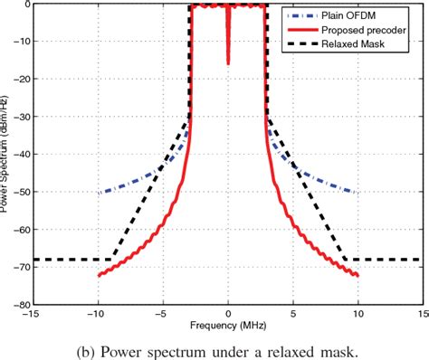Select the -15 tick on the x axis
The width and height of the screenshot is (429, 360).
tap(33, 315)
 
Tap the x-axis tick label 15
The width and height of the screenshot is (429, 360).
tap(423, 315)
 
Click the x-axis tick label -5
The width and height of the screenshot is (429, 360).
tap(163, 315)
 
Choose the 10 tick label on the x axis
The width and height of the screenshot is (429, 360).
tap(358, 315)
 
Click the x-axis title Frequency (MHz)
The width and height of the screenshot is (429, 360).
tap(228, 324)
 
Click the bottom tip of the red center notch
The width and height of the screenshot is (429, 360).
tap(228, 63)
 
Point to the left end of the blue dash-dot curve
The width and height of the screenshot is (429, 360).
tap(99, 192)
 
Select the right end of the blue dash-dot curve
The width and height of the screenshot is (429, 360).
tap(358, 192)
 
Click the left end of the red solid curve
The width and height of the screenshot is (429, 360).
tap(99, 275)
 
